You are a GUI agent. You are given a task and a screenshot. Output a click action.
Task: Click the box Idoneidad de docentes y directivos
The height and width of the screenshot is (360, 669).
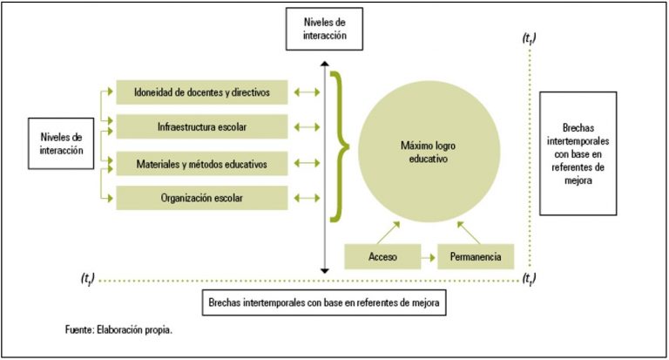click(202, 92)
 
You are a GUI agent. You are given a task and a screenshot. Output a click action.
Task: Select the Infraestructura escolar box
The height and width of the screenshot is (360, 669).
click(202, 126)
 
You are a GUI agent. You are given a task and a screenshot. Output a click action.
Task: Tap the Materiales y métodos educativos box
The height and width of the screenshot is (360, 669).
click(202, 164)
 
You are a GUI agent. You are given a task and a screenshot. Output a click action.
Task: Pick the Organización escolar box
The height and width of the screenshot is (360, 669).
click(202, 198)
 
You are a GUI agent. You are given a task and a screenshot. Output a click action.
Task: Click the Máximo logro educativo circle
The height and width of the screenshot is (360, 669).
click(429, 152)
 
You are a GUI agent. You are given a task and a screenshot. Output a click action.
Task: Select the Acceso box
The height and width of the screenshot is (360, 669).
click(382, 256)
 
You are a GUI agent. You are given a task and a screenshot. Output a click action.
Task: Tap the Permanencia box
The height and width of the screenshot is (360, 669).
click(476, 256)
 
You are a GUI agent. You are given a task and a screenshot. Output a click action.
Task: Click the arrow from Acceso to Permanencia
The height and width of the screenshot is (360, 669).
click(429, 257)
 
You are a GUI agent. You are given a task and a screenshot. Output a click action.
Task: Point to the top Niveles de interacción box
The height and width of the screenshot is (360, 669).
click(324, 29)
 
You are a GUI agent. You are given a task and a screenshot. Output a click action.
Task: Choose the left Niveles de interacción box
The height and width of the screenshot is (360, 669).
click(61, 144)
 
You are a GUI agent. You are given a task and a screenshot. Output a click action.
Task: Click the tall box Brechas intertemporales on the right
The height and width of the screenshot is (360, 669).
click(578, 153)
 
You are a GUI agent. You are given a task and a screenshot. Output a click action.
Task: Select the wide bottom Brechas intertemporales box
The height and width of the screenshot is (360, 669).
click(324, 302)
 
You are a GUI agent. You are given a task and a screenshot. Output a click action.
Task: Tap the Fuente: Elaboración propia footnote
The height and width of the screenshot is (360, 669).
click(118, 329)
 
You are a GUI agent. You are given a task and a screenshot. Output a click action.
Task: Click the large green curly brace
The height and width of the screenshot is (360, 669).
click(339, 147)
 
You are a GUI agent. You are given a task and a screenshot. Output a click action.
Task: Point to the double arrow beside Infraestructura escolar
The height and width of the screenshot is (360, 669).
click(307, 127)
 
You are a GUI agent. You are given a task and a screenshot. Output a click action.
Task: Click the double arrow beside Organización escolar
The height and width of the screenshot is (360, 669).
click(307, 198)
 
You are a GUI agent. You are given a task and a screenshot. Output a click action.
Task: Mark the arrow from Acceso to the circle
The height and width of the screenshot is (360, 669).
click(389, 233)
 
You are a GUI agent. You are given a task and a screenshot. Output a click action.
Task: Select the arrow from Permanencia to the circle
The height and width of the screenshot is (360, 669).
click(469, 233)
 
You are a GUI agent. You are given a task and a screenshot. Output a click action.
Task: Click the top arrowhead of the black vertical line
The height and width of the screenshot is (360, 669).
click(325, 64)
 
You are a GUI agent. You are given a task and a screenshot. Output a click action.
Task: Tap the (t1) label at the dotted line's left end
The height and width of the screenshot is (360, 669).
click(87, 279)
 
